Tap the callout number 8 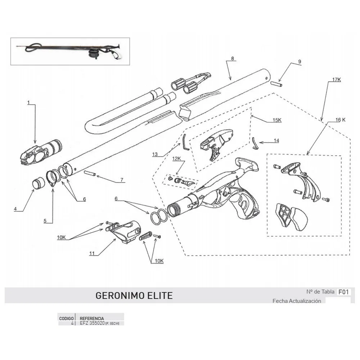coord(233,58)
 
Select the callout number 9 coord(299,62)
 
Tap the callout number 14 coord(276,141)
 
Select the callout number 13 coord(155,154)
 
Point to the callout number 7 coord(122,180)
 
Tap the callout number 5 coord(45,221)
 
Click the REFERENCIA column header coord(92,319)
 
